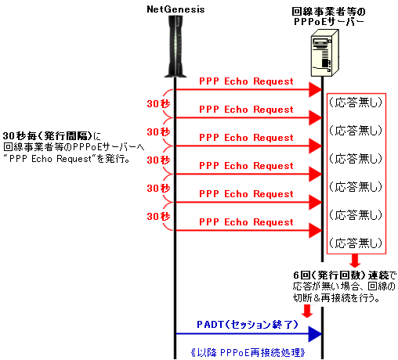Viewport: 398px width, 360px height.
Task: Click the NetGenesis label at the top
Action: click(x=175, y=9)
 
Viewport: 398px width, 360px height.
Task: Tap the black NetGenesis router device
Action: click(x=175, y=46)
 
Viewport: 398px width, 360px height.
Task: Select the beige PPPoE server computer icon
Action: click(x=324, y=53)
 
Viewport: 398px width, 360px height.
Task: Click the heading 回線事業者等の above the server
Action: click(x=328, y=12)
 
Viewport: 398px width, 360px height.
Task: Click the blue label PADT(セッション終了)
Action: click(x=247, y=324)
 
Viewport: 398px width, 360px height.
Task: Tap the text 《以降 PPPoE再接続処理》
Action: click(x=248, y=353)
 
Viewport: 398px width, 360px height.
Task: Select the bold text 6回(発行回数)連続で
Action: click(x=344, y=275)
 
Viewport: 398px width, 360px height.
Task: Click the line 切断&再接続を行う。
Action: click(x=336, y=297)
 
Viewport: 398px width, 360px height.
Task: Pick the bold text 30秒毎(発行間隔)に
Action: click(x=52, y=136)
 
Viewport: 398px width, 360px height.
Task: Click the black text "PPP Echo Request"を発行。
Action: click(x=67, y=159)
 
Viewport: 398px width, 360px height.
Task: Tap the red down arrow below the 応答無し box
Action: click(x=355, y=261)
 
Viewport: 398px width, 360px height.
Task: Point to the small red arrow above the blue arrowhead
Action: click(x=307, y=311)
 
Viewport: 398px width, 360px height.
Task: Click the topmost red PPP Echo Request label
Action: click(x=246, y=81)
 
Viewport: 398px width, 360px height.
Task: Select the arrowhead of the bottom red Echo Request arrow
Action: click(x=316, y=230)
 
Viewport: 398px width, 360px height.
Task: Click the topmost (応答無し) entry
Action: click(x=356, y=103)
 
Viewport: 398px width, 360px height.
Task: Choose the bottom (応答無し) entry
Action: click(x=356, y=243)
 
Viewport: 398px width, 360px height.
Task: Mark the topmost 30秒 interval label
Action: click(x=158, y=104)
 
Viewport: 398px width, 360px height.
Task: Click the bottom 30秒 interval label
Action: click(x=158, y=216)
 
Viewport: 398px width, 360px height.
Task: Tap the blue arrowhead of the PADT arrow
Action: click(x=315, y=333)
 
